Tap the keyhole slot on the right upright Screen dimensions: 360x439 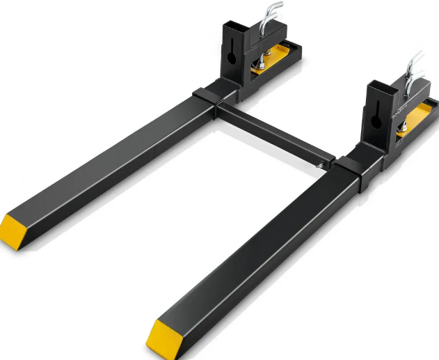pyautogui.click(x=376, y=119)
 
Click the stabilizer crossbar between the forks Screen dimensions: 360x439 pyautogui.click(x=271, y=133)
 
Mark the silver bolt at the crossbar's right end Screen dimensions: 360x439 pyautogui.click(x=319, y=165)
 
